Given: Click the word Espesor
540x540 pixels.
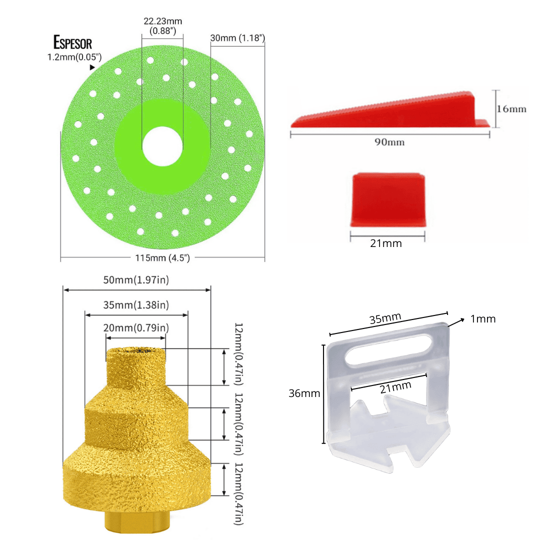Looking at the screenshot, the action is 72,42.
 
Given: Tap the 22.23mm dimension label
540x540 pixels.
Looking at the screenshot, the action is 163,21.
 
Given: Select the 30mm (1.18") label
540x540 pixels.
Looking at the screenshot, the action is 237,38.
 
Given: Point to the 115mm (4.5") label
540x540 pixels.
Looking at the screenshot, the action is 162,258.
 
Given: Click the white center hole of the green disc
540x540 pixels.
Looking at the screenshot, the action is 162,146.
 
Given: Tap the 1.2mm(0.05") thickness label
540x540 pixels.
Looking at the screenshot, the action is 74,57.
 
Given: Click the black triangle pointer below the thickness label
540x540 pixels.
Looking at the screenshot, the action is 92,67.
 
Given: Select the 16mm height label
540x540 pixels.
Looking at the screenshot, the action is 511,109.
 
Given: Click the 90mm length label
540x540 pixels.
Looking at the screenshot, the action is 389,142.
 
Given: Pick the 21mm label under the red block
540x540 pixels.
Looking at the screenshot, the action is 386,243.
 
